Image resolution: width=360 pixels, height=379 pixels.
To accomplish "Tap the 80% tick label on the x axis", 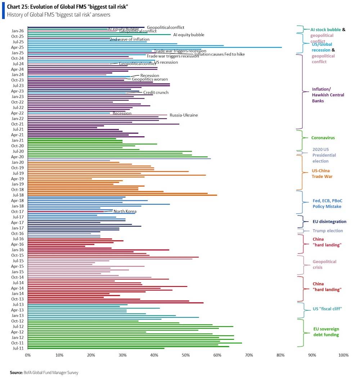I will tap(280, 355).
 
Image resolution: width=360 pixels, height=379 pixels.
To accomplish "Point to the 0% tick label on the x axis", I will tap(28, 355).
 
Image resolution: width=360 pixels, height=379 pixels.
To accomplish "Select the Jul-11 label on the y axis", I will tap(18, 348).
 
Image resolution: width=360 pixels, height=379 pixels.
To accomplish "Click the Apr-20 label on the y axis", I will tap(17, 157).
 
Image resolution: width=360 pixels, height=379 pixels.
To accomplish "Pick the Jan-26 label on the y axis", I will tap(17, 31).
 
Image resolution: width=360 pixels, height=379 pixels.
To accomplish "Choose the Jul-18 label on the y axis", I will tap(18, 195).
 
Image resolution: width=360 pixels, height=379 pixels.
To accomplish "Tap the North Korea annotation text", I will tap(125, 211).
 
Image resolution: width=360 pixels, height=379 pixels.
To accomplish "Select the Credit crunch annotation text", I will tap(156, 93).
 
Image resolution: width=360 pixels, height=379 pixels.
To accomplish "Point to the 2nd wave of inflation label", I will tap(130, 39).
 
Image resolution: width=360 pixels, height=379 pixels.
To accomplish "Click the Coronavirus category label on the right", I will tap(323, 138).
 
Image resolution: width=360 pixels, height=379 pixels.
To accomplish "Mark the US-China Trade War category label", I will tap(322, 173).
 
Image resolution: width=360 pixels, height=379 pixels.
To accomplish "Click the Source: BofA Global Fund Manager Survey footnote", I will tap(44, 373).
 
